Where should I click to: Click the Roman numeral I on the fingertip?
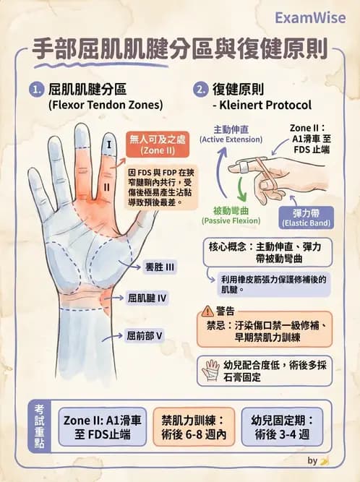[108, 144]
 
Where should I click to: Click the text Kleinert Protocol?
[257, 106]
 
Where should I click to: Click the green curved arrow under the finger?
[247, 191]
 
